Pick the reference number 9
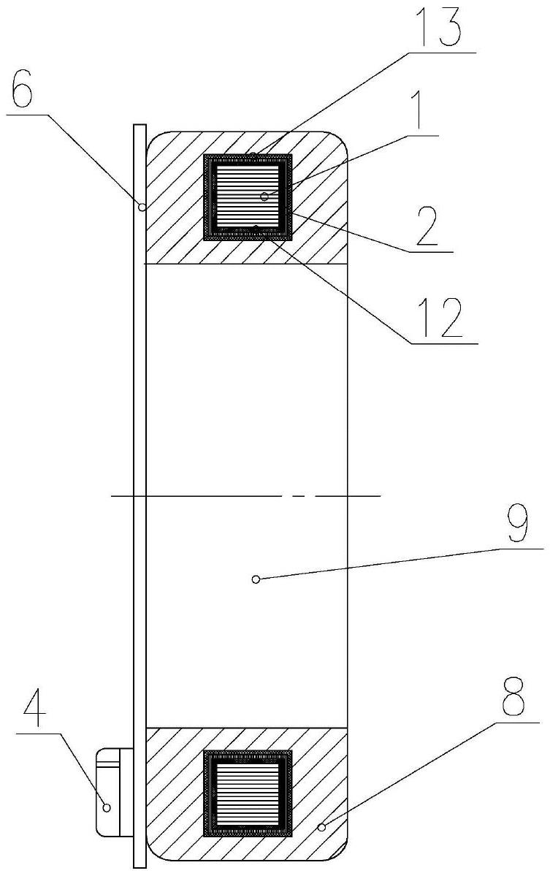pyautogui.click(x=516, y=525)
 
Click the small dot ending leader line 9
pyautogui.click(x=255, y=579)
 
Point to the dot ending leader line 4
pyautogui.click(x=107, y=807)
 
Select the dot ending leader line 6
pyautogui.click(x=142, y=207)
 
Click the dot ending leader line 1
pyautogui.click(x=264, y=197)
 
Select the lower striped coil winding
pyautogui.click(x=248, y=794)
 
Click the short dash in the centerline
pyautogui.click(x=297, y=496)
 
